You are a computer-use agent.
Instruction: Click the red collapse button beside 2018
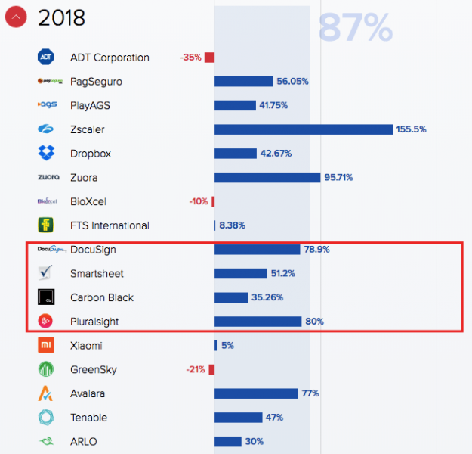(16, 17)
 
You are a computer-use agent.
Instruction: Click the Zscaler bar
(304, 129)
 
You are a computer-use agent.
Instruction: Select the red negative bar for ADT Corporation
(209, 58)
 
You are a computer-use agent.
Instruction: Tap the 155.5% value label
(411, 129)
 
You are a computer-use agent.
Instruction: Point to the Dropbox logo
(46, 153)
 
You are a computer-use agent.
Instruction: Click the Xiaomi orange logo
(46, 346)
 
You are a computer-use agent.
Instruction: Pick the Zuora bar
(267, 178)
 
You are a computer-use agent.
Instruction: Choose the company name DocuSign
(93, 250)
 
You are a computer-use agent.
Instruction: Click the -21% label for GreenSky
(195, 370)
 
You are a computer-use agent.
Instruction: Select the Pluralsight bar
(258, 322)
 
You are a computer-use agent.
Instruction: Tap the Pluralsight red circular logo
(46, 321)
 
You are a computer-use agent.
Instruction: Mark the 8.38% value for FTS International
(231, 225)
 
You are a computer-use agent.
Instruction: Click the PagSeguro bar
(244, 82)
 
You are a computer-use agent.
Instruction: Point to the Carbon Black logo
(46, 297)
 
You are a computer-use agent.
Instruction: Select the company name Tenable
(89, 418)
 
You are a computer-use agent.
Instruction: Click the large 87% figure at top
(355, 28)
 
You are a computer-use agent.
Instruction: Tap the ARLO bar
(228, 442)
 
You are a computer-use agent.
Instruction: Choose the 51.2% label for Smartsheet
(284, 274)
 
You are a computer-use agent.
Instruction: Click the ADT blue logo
(46, 57)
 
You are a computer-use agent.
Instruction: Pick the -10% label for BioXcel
(199, 202)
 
